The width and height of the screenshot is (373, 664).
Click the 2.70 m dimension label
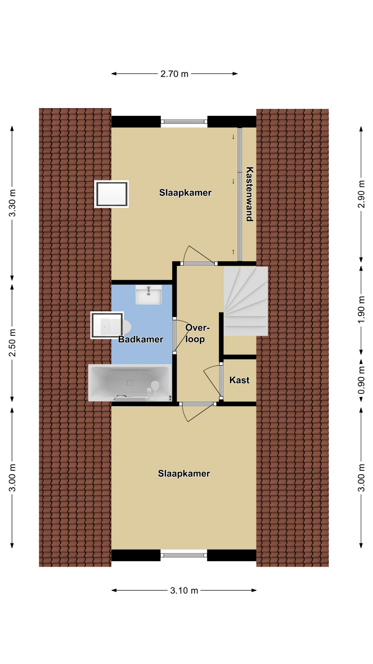point(174,74)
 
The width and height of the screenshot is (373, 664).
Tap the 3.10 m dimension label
point(184,590)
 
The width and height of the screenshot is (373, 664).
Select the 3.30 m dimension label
point(12,203)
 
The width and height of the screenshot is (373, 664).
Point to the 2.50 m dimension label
point(12,343)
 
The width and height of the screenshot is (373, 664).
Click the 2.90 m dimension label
point(361,194)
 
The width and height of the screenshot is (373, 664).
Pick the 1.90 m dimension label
point(361,310)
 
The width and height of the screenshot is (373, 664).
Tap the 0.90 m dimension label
point(361,380)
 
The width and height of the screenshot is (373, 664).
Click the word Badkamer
point(141,339)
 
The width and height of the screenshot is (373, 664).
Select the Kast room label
point(239,380)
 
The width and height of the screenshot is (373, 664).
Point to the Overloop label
point(197,333)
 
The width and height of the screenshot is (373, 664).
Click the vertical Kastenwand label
point(249,194)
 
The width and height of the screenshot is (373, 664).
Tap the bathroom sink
point(149,295)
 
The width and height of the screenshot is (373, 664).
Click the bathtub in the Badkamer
point(130,382)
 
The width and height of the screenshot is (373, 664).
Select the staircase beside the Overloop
point(246,301)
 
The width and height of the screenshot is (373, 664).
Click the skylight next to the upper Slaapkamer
point(112,194)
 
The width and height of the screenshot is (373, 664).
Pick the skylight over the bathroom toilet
point(107,325)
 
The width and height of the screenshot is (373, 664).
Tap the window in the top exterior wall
point(184,121)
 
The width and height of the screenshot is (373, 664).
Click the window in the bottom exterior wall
point(184,555)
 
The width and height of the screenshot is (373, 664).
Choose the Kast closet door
point(221,380)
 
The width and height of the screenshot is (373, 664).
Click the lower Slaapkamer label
point(184,473)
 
